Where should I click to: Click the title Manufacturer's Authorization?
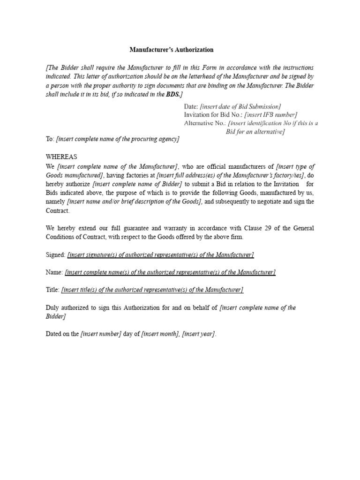171,49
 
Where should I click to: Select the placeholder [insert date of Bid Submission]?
240,106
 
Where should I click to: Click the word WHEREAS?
61,157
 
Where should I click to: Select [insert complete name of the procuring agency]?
118,139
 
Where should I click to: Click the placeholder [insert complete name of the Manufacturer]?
118,166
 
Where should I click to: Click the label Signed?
56,255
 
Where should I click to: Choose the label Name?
54,272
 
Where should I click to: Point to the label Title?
53,290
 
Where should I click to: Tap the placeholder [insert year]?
199,334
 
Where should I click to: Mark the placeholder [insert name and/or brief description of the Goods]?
135,202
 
